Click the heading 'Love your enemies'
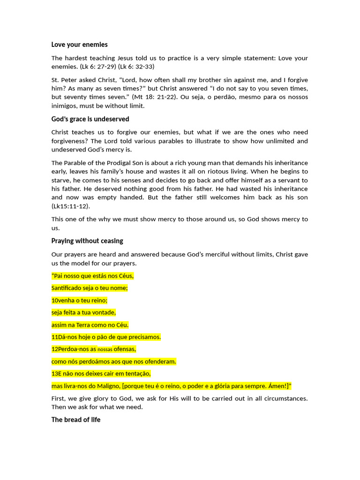click(79, 45)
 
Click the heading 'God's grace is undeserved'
click(90, 119)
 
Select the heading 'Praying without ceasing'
click(87, 241)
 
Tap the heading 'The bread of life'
click(75, 420)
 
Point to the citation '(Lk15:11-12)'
click(71, 206)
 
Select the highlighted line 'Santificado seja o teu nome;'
click(90, 288)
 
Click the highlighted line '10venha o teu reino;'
click(79, 300)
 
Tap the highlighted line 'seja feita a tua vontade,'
click(83, 313)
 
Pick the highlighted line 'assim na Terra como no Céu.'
click(90, 325)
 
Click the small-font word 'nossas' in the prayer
click(105, 350)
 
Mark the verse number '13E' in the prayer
click(57, 374)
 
